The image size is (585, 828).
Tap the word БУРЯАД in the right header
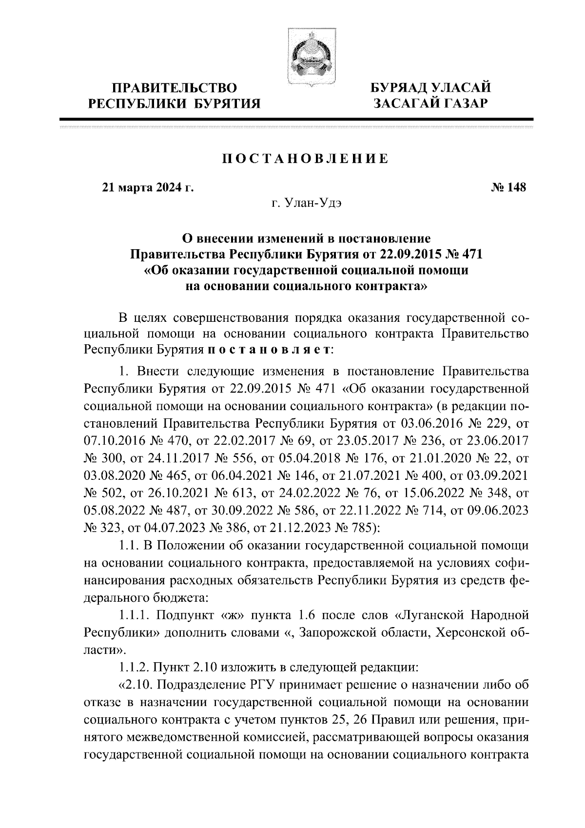coord(401,88)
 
